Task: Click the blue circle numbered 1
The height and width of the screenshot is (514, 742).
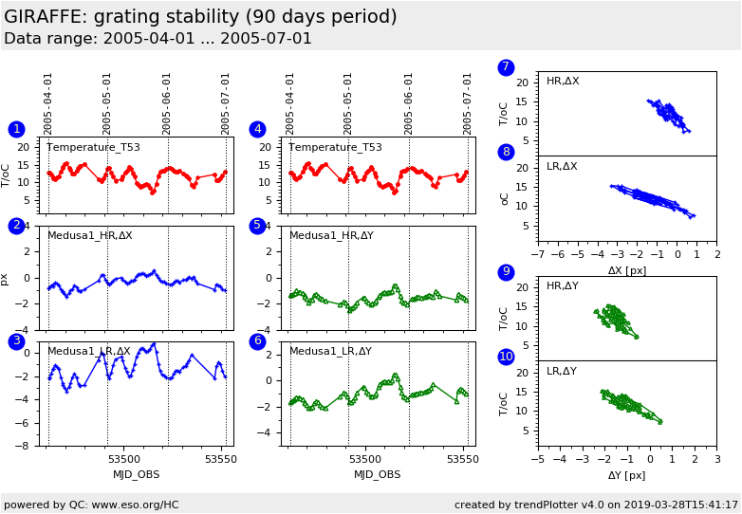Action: tap(16, 129)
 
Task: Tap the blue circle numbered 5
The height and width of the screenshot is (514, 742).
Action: tap(257, 226)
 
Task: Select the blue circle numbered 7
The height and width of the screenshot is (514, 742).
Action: tap(506, 67)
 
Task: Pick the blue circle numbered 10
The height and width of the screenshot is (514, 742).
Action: tap(506, 357)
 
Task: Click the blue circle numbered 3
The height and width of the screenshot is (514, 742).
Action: tap(16, 341)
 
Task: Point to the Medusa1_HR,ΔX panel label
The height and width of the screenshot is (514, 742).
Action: tap(90, 235)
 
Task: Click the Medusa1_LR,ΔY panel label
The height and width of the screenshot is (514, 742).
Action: tap(330, 351)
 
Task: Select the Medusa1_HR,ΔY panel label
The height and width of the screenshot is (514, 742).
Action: tap(330, 235)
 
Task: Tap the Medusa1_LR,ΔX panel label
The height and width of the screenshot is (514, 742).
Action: tap(89, 351)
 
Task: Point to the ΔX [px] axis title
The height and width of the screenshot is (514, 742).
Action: tap(627, 270)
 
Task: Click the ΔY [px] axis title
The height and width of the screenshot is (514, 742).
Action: tap(627, 475)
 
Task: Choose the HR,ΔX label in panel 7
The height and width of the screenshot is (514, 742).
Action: tap(563, 82)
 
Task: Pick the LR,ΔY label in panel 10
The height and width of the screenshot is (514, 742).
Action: tap(562, 371)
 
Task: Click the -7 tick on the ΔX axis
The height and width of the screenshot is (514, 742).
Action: tap(537, 255)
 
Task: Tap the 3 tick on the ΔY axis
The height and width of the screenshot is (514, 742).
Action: tap(716, 460)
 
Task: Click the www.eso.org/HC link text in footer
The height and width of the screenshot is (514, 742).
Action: tap(136, 505)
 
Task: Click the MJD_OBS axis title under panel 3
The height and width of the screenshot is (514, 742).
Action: tap(137, 474)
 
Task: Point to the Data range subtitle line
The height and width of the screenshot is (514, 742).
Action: tap(158, 39)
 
